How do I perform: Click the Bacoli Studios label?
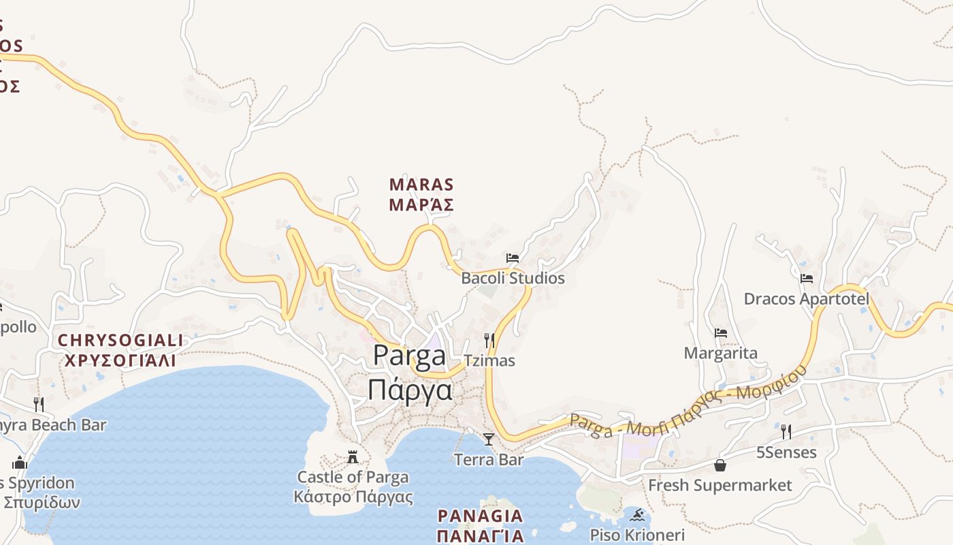[513, 278]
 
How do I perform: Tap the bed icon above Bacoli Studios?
[513, 258]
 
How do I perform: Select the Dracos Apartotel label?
[807, 298]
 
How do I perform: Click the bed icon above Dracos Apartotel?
[807, 279]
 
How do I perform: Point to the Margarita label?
[720, 353]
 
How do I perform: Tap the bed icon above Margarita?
[721, 333]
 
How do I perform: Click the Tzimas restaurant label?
[489, 360]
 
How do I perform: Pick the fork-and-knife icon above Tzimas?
[489, 340]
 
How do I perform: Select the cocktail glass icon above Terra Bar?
[489, 439]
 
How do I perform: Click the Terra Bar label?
[489, 460]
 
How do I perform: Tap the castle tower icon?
[353, 456]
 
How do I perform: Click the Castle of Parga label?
[353, 477]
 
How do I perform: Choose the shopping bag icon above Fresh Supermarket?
[720, 465]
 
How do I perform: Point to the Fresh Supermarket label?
[720, 485]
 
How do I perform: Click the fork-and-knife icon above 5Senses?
[786, 431]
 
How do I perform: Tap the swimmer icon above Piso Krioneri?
[637, 514]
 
